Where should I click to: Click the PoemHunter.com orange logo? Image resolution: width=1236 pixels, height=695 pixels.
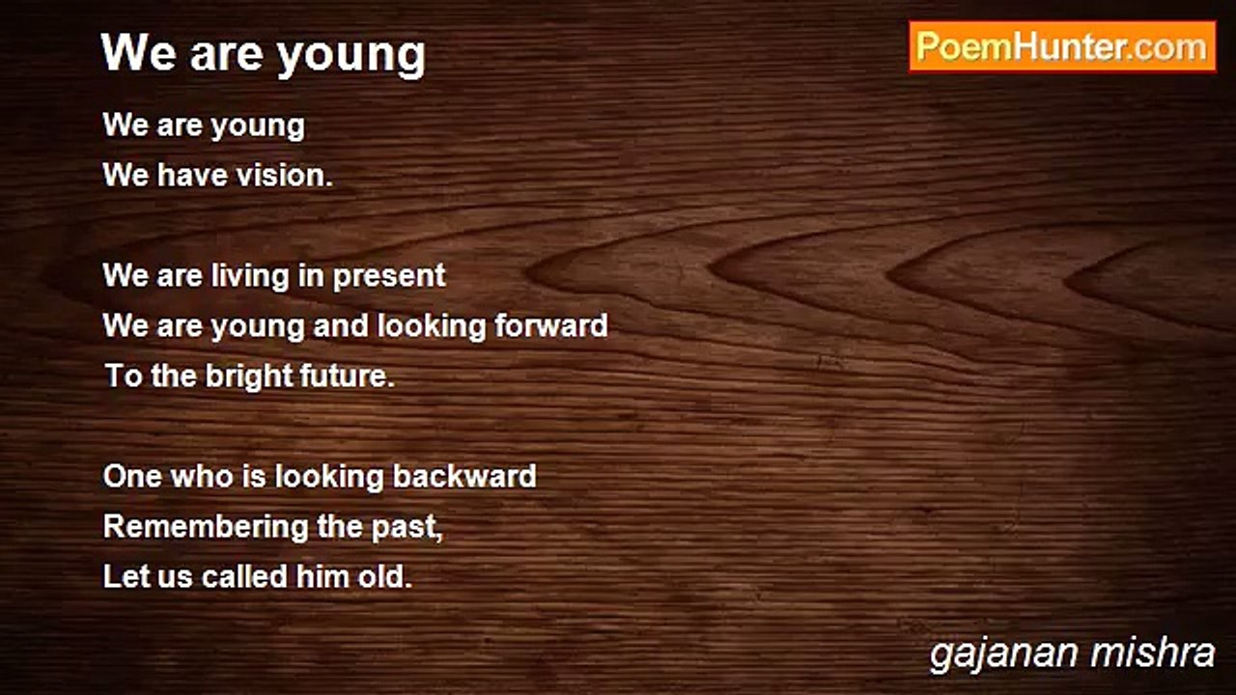tap(1062, 47)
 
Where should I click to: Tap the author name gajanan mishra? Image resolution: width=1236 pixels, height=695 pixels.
tap(1072, 654)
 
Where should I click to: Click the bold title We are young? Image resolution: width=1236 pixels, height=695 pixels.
tap(264, 54)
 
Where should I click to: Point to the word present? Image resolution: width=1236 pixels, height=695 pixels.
tap(389, 276)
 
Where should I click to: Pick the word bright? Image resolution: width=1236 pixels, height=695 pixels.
tap(248, 376)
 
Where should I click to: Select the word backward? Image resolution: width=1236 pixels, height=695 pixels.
tap(464, 476)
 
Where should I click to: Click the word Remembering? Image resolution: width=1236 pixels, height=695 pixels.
tap(206, 527)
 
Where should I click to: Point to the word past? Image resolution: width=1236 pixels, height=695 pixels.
tap(407, 528)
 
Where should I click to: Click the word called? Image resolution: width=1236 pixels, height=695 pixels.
tap(244, 576)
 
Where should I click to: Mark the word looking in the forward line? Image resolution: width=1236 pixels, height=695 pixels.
tap(431, 326)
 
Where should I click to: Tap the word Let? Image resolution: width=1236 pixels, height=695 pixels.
tap(126, 576)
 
